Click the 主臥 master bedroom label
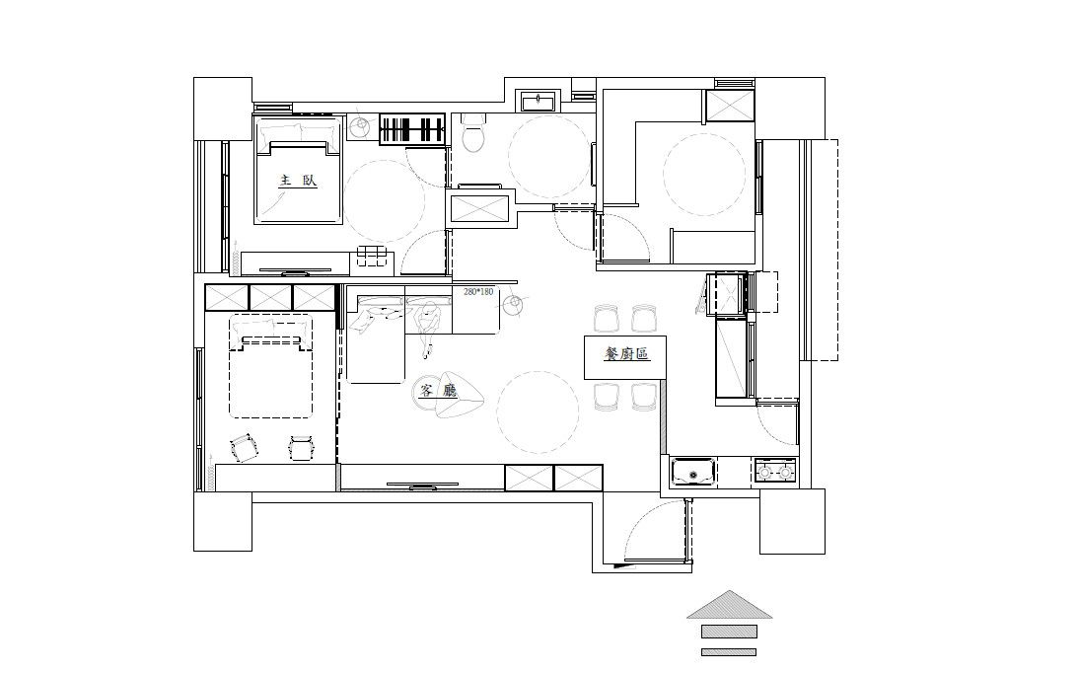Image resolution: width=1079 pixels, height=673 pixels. tap(298, 182)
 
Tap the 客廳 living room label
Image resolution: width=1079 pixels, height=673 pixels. tap(438, 391)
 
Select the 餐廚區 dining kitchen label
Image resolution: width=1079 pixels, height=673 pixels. tap(626, 354)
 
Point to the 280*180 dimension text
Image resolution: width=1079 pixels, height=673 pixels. tap(478, 292)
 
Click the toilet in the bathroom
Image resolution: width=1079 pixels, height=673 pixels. tap(472, 133)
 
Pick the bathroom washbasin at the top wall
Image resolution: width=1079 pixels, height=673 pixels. tap(539, 102)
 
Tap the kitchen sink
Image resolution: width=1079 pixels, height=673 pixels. tap(693, 474)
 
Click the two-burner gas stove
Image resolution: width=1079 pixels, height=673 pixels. tap(775, 473)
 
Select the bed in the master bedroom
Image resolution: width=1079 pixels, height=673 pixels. tap(299, 170)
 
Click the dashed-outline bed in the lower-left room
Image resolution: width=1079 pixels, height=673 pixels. tap(270, 366)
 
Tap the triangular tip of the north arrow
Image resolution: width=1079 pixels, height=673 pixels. tap(729, 592)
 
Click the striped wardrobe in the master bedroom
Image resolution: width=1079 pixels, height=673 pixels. tap(413, 129)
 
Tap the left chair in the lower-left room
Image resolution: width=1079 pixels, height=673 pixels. tap(243, 448)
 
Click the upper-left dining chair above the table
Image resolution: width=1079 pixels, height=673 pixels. tap(608, 319)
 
